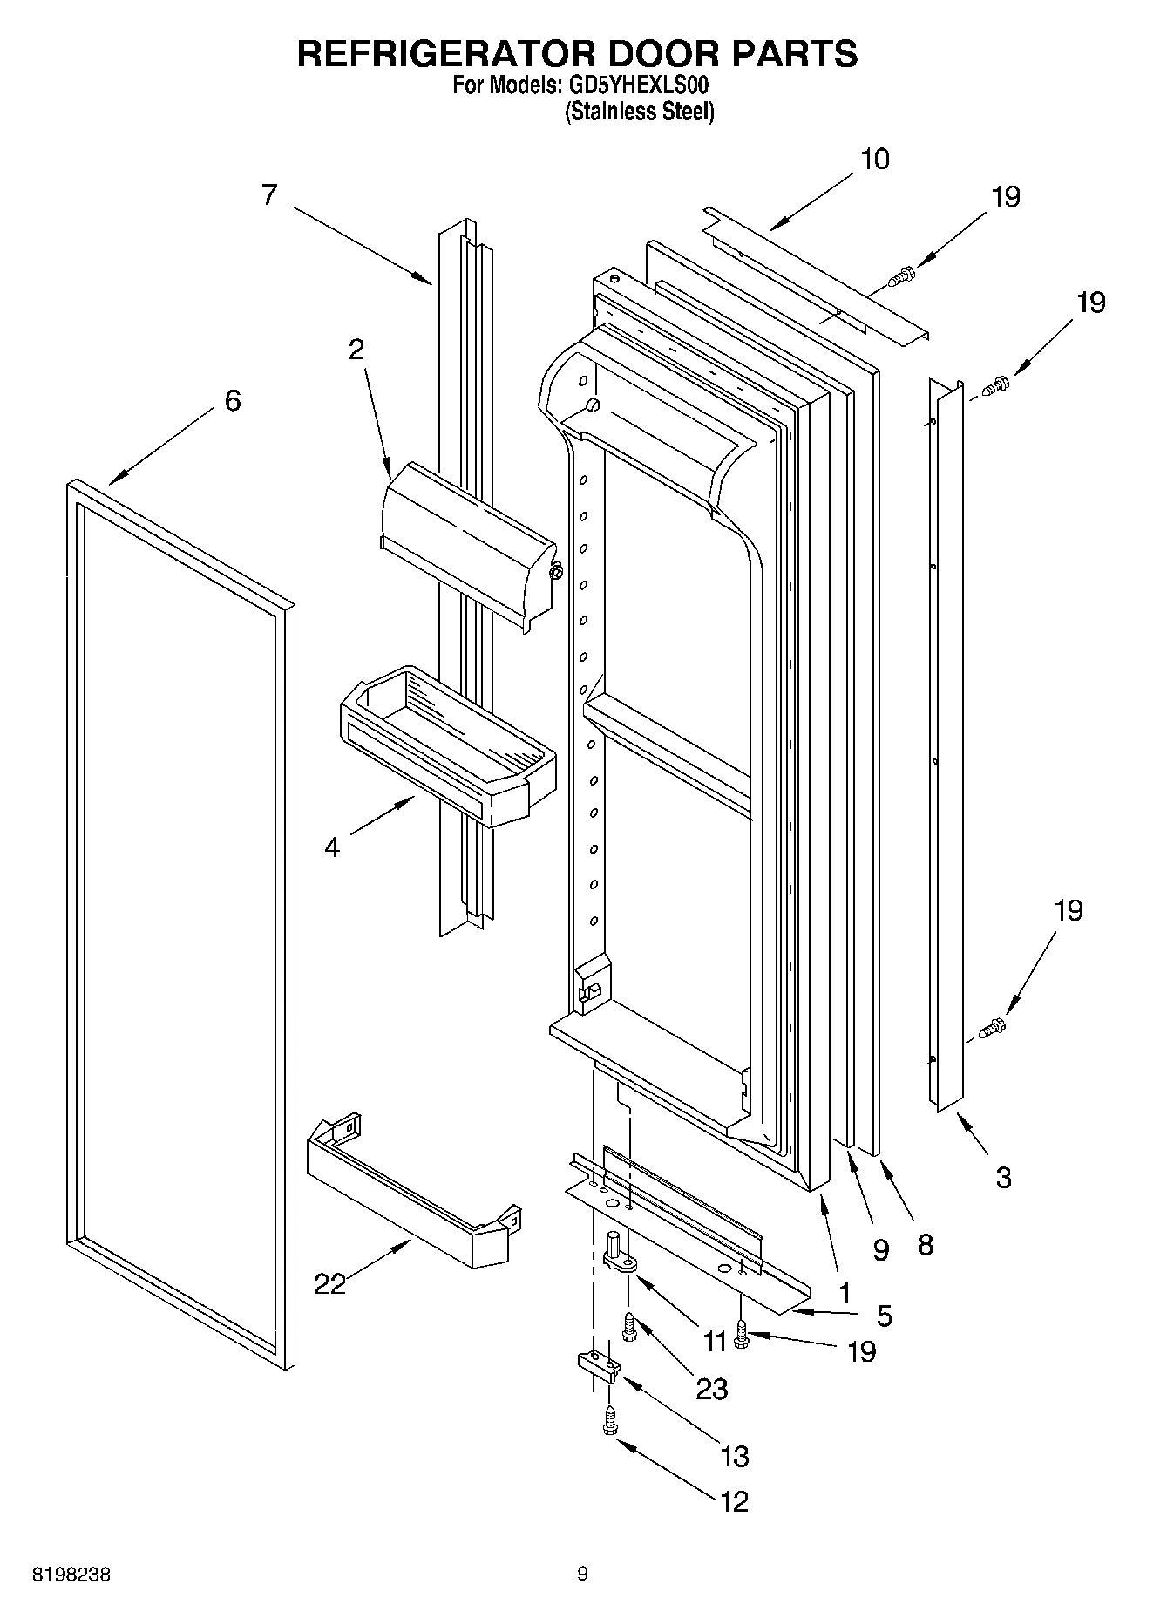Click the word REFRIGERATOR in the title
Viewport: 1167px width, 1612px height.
[445, 53]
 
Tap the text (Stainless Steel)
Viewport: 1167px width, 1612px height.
[640, 112]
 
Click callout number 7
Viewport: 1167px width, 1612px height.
[268, 194]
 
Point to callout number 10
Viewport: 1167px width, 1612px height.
[874, 160]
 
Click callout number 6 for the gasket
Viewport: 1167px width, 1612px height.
[232, 401]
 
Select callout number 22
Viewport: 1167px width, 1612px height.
[330, 1283]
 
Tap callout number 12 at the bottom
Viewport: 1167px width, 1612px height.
[734, 1501]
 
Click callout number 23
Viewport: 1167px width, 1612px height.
[711, 1388]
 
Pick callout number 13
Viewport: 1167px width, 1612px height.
[734, 1455]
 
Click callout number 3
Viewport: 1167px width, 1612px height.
[1002, 1178]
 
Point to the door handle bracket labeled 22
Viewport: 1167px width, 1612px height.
[410, 1196]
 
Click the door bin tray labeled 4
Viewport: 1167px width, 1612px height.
[444, 750]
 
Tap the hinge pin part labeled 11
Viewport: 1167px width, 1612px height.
[616, 1252]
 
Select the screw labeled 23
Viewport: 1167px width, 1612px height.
[628, 1326]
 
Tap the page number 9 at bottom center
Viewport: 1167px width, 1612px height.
[582, 1574]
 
